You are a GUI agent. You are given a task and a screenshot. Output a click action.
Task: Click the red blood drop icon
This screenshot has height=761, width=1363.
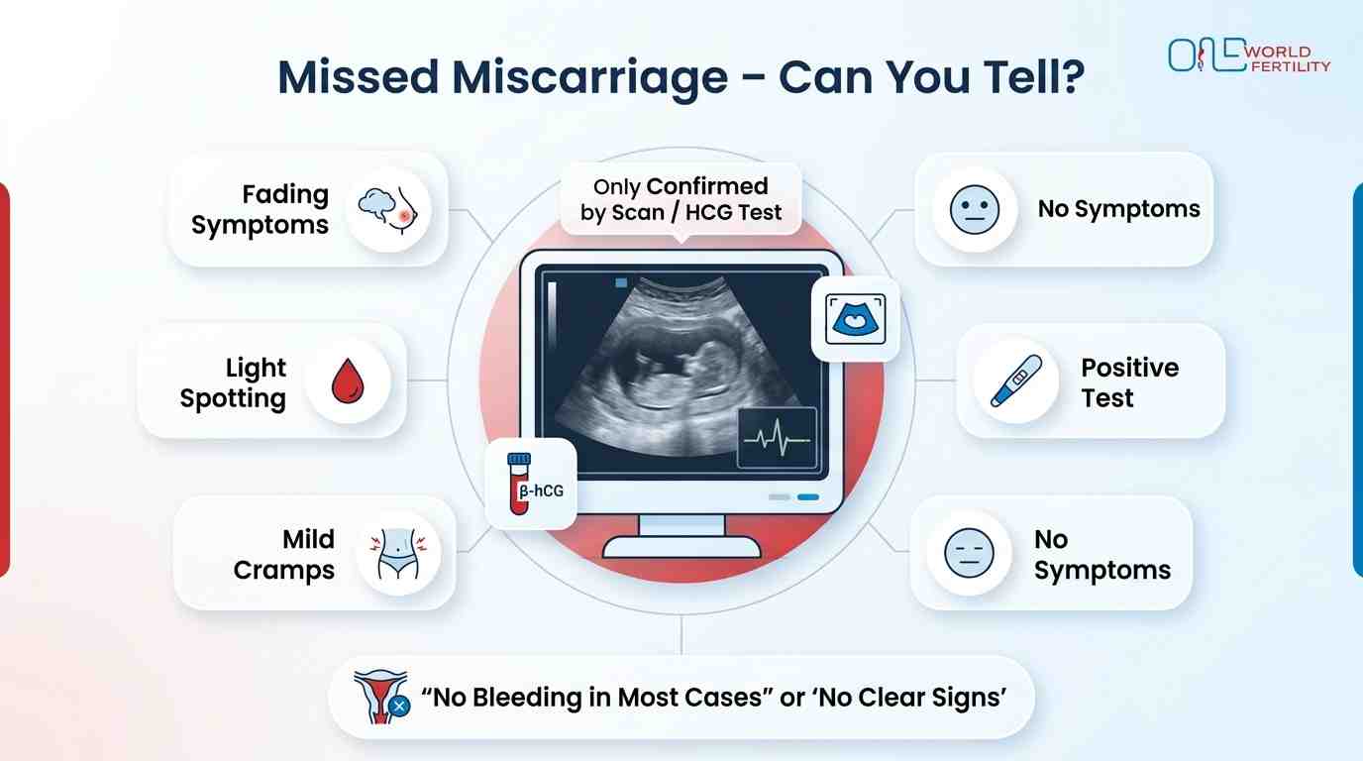pyautogui.click(x=346, y=381)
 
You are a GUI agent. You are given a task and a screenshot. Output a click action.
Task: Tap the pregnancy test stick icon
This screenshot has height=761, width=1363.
pyautogui.click(x=1015, y=381)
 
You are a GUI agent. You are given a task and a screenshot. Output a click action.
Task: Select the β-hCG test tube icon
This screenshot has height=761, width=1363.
pyautogui.click(x=519, y=484)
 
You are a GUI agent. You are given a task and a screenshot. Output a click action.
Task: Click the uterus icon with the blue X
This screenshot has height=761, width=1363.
pyautogui.click(x=381, y=695)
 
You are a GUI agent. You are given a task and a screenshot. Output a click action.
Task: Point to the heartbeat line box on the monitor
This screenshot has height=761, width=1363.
pyautogui.click(x=778, y=437)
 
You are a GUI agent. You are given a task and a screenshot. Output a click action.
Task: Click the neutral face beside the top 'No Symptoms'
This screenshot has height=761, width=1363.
pyautogui.click(x=975, y=210)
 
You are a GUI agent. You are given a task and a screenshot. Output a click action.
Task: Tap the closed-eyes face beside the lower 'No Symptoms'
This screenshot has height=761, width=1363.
pyautogui.click(x=968, y=553)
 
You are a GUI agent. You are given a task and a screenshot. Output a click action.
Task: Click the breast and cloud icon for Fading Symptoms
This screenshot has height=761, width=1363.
pyautogui.click(x=393, y=210)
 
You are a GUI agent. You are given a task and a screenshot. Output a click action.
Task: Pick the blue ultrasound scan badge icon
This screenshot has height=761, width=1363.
pyautogui.click(x=855, y=318)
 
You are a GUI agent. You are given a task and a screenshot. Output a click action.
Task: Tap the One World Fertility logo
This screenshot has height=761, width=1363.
pyautogui.click(x=1248, y=56)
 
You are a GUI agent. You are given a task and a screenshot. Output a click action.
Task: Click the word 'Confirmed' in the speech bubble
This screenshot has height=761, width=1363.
pyautogui.click(x=706, y=186)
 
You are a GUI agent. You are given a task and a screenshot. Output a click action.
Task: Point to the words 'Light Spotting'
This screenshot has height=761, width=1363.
pyautogui.click(x=234, y=382)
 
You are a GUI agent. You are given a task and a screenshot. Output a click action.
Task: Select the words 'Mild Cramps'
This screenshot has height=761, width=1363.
pyautogui.click(x=284, y=554)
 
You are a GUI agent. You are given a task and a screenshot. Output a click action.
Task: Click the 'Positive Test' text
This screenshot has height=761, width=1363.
pyautogui.click(x=1129, y=382)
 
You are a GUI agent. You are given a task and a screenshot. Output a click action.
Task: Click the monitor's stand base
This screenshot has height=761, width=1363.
pyautogui.click(x=681, y=547)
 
